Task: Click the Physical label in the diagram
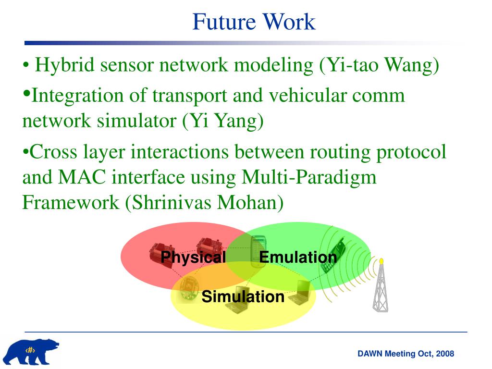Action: tap(193, 258)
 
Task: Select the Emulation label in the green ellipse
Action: tap(298, 258)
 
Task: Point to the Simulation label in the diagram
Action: tap(243, 297)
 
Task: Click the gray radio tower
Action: tap(381, 288)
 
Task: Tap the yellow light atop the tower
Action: tap(381, 261)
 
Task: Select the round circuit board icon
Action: tap(188, 288)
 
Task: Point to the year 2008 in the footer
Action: tap(445, 354)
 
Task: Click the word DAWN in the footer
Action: tap(369, 354)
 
